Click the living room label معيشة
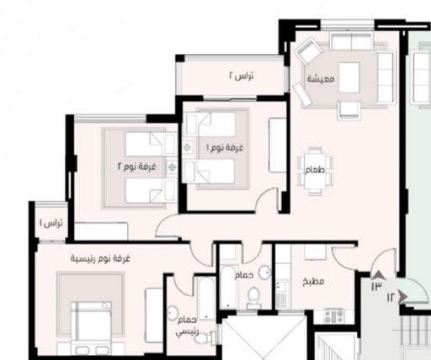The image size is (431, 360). click(x=321, y=78)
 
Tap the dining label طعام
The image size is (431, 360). click(x=315, y=170)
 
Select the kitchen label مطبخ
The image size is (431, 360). click(x=313, y=281)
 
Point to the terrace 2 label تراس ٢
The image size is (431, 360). click(x=242, y=76)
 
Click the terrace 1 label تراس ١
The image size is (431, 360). click(x=51, y=223)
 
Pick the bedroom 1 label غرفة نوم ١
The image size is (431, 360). click(x=225, y=147)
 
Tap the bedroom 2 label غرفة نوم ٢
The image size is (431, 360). click(x=136, y=167)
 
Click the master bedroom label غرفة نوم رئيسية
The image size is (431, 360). click(x=100, y=258)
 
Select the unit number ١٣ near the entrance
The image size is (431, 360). click(x=376, y=286)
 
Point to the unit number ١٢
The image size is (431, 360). click(x=391, y=297)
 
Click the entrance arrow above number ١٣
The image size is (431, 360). click(x=378, y=275)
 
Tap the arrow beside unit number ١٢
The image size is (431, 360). click(x=403, y=297)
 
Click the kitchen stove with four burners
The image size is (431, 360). click(x=333, y=315)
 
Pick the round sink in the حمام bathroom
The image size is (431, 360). click(x=264, y=273)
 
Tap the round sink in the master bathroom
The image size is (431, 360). click(x=173, y=313)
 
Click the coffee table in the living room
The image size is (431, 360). click(x=349, y=77)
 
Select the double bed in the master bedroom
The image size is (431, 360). click(x=91, y=327)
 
